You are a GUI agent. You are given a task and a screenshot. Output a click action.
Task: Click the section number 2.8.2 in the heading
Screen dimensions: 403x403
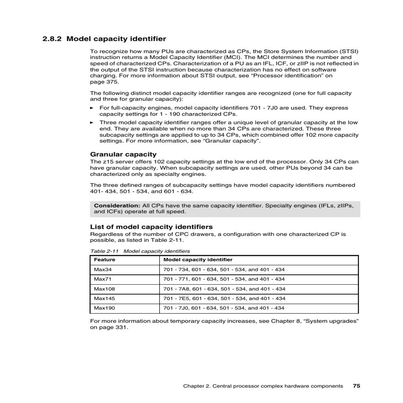pyautogui.click(x=52, y=39)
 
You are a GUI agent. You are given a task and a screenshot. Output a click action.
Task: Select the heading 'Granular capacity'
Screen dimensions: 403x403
pyautogui.click(x=123, y=155)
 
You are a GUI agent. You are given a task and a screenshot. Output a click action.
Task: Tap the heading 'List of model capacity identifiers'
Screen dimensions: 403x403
pyautogui.click(x=151, y=227)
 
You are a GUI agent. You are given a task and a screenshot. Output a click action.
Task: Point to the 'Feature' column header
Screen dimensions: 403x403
pyautogui.click(x=105, y=260)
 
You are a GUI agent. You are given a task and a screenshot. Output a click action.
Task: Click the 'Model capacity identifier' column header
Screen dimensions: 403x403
pyautogui.click(x=198, y=260)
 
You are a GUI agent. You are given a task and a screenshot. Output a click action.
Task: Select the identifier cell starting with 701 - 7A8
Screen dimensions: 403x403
pyautogui.click(x=224, y=289)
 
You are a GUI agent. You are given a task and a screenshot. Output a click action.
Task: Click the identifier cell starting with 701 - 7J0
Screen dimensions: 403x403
pyautogui.click(x=224, y=308)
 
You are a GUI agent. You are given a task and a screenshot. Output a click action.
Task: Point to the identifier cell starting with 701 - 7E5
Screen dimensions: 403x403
pyautogui.click(x=224, y=298)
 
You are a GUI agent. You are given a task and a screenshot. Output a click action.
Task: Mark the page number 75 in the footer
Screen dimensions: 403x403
pyautogui.click(x=356, y=386)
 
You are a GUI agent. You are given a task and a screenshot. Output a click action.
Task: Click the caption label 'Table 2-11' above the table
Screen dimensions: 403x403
pyautogui.click(x=104, y=251)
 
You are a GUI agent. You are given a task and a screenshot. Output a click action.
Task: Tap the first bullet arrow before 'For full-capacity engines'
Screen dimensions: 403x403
pyautogui.click(x=92, y=108)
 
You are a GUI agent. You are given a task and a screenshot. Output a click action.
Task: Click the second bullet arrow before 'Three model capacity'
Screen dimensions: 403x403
pyautogui.click(x=92, y=123)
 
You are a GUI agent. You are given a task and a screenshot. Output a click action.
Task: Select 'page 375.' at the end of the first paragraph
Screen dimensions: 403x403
pyautogui.click(x=104, y=82)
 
